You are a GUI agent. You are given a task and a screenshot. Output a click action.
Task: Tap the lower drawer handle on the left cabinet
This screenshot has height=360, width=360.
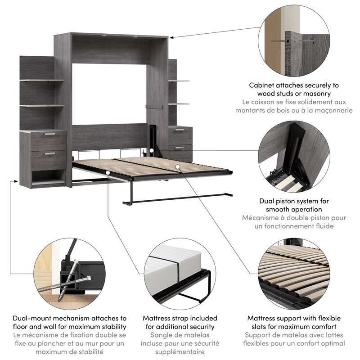[x=49, y=154]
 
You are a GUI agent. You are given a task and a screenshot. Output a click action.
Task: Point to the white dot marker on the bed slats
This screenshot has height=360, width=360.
[x=178, y=166]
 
